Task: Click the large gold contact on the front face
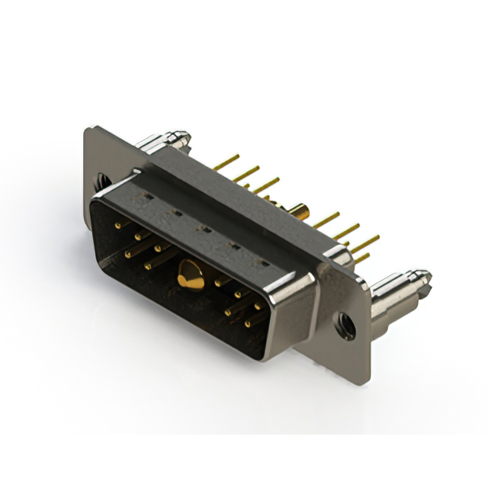click(x=190, y=275)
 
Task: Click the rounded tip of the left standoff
click(x=182, y=137)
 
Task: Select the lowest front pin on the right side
click(x=247, y=323)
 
